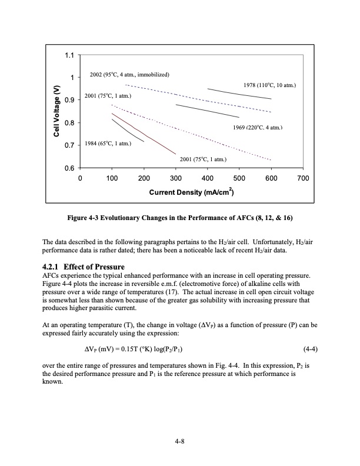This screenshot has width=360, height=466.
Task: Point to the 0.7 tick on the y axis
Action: point(69,145)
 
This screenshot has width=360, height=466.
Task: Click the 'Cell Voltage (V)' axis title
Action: point(56,112)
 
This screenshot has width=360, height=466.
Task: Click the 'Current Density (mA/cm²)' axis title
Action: point(192,192)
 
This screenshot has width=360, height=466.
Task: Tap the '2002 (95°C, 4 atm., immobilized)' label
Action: point(129,75)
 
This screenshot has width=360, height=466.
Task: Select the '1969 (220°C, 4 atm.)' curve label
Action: point(258,127)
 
